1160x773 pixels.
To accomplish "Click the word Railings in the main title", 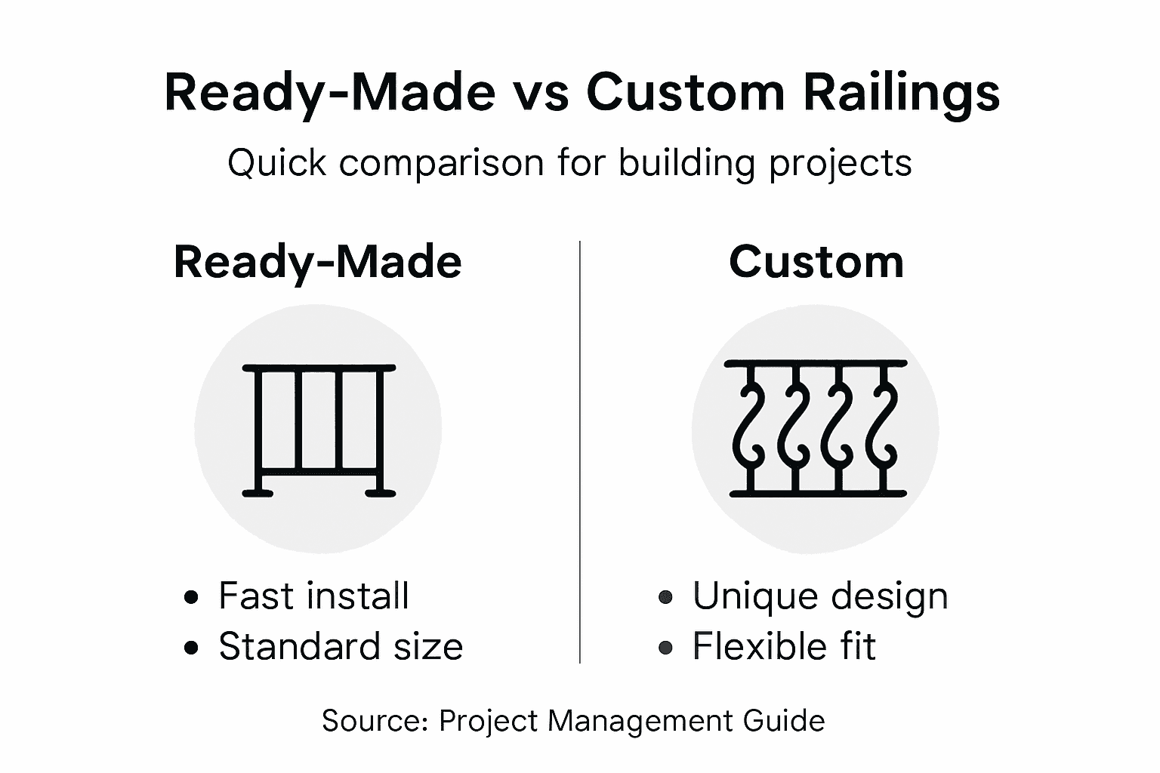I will pos(901,94).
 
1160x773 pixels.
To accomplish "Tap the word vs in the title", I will pos(539,94).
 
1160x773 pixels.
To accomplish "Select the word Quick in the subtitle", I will pos(276,163).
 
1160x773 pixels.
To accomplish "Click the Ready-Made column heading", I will pos(317,263).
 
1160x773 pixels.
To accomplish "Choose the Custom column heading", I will pos(816,263).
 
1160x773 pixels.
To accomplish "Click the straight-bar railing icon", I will pos(318,429).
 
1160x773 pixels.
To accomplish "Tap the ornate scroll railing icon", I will pos(816,429).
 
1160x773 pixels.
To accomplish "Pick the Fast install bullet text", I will pos(313,596).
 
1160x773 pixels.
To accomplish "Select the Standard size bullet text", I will pos(341,647).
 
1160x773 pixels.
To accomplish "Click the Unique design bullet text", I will pos(820,596).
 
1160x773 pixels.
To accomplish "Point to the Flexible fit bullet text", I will pos(784,647).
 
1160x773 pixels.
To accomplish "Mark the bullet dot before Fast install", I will pos(192,598).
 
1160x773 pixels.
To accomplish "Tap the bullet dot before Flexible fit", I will pos(665,648).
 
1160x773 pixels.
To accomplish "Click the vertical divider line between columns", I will pos(580,453).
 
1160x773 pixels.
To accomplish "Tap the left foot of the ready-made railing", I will pos(257,494).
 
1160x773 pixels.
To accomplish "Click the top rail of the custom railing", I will pos(816,364).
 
